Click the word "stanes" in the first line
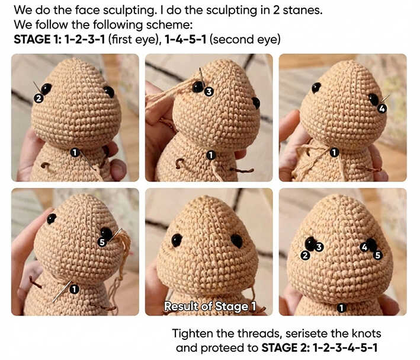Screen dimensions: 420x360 [302, 10]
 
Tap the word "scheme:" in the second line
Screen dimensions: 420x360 [169, 25]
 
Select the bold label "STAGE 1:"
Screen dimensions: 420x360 [37, 39]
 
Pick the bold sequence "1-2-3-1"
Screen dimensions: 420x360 [85, 39]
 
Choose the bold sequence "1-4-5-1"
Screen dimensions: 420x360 [185, 39]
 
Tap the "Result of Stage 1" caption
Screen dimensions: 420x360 [210, 307]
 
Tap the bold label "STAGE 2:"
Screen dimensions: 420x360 [286, 348]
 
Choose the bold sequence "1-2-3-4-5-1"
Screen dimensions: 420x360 [345, 348]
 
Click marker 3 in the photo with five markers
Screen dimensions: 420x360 [319, 247]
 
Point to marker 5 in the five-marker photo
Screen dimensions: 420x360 [378, 255]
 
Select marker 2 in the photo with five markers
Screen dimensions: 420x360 [305, 256]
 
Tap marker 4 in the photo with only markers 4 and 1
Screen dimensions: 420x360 [382, 109]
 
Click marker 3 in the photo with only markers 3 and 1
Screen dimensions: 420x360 [209, 91]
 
